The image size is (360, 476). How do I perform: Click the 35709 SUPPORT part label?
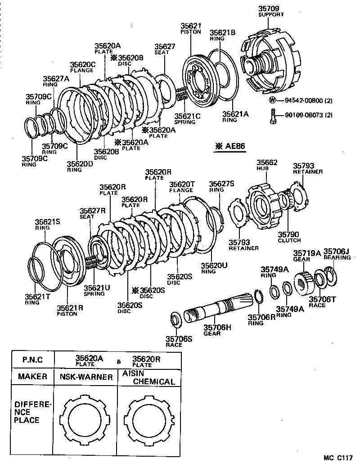coord(269,11)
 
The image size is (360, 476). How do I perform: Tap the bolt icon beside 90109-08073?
coord(273,115)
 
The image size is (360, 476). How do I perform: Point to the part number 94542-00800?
coord(302,101)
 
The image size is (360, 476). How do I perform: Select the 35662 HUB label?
coord(267,165)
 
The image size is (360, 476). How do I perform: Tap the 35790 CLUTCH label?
coord(289,237)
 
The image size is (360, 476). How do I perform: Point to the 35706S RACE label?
coord(180,341)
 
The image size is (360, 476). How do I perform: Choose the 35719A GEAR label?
coord(307,256)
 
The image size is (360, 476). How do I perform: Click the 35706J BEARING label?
coord(337,254)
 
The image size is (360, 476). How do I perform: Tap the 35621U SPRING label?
coord(94,290)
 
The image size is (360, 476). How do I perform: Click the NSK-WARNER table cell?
coord(85,377)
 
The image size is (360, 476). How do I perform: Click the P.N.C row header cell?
coord(32,360)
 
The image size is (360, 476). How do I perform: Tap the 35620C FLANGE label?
coord(82,67)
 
